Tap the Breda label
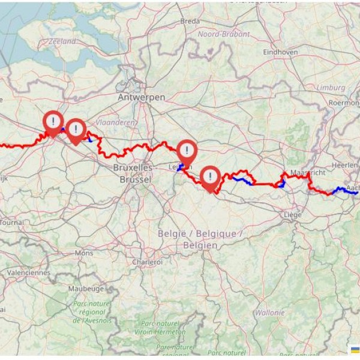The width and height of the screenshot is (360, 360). coord(190,22)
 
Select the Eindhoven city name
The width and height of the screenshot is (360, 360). coord(280,52)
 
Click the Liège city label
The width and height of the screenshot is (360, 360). coord(293,214)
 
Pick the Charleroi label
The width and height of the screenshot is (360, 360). coord(148,262)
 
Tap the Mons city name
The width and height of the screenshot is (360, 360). coord(83,253)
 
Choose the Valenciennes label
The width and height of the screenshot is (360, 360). coord(28,272)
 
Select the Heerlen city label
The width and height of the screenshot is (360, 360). coord(345,164)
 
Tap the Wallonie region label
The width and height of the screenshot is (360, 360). coord(269,313)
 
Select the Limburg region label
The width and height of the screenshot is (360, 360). coord(331,88)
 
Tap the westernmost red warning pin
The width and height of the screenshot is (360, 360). coord(53,122)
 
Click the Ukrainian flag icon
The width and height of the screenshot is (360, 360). coord(355,350)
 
